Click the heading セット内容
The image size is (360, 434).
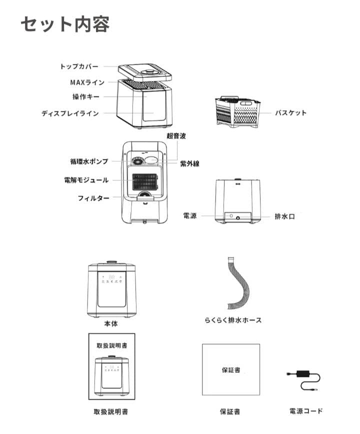click(65, 23)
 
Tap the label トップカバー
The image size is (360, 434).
click(79, 66)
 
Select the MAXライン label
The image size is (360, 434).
click(87, 82)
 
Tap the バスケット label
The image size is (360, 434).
click(290, 113)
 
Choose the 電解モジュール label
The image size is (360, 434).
click(86, 179)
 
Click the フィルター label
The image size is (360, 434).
click(93, 198)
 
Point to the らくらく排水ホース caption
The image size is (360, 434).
click(233, 320)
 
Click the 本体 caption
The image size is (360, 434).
click(111, 324)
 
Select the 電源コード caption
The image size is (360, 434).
click(306, 411)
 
